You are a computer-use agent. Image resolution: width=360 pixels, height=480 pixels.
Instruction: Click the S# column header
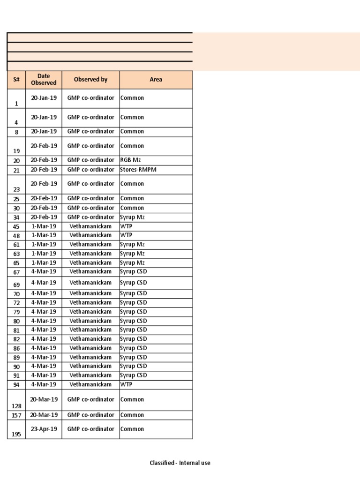tap(16, 80)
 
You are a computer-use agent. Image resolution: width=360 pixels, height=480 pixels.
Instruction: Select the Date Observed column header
tap(44, 80)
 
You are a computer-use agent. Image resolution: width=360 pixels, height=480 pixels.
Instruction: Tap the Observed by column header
tap(90, 80)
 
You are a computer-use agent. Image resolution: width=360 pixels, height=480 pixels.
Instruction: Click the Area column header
tap(156, 80)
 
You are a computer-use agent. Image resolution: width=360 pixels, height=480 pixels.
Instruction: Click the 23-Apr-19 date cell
tap(44, 429)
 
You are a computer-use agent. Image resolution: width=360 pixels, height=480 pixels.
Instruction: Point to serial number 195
tap(16, 435)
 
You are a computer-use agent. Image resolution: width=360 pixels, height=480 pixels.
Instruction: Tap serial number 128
tap(16, 406)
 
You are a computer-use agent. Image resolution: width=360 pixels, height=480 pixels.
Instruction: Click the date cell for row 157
tap(44, 415)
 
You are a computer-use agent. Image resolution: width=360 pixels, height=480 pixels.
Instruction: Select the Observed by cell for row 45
tap(90, 226)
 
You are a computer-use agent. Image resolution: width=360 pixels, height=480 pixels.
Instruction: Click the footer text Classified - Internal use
tap(180, 463)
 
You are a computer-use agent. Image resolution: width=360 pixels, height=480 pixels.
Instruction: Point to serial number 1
tap(16, 104)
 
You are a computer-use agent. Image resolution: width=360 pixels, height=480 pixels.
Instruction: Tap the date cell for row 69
tap(44, 283)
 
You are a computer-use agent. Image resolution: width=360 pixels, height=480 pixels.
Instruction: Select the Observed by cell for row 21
tap(90, 170)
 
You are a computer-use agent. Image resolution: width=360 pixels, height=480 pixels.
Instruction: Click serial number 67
tap(16, 272)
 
